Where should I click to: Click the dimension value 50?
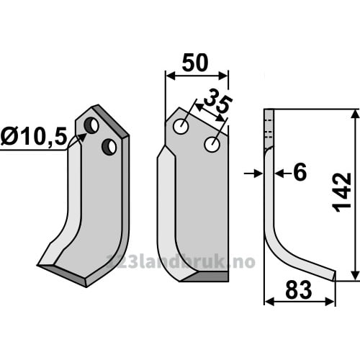195,63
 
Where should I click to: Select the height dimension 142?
343,192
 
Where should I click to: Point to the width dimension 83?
299,290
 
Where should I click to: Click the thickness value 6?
300,172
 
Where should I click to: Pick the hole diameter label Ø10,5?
34,137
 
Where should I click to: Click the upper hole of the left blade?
91,125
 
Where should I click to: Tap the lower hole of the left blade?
109,147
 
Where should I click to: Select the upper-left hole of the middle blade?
181,127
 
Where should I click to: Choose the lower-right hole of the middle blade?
212,145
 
